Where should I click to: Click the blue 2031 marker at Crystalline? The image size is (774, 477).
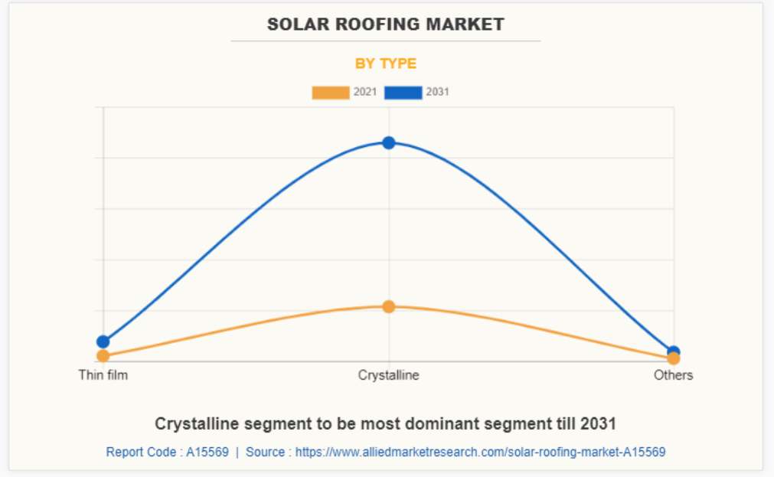(389, 142)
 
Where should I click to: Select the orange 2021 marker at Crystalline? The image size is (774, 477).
(389, 306)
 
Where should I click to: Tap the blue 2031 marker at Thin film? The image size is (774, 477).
(103, 341)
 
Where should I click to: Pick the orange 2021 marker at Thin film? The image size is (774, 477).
(103, 356)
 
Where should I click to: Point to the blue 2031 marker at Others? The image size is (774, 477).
(674, 351)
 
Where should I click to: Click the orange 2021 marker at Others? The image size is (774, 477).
(674, 358)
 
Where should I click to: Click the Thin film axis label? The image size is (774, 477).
(103, 375)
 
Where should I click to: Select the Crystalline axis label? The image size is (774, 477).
(389, 375)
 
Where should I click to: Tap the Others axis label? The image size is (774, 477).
(673, 375)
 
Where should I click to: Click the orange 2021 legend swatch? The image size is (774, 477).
(331, 93)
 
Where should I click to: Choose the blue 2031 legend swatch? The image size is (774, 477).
(403, 93)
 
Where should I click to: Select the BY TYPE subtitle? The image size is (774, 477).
(386, 64)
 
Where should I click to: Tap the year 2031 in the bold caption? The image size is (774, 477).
(599, 423)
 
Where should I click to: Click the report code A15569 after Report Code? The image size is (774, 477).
(207, 452)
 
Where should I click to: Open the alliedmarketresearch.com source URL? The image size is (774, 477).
(480, 452)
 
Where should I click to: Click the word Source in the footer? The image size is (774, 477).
(265, 452)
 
